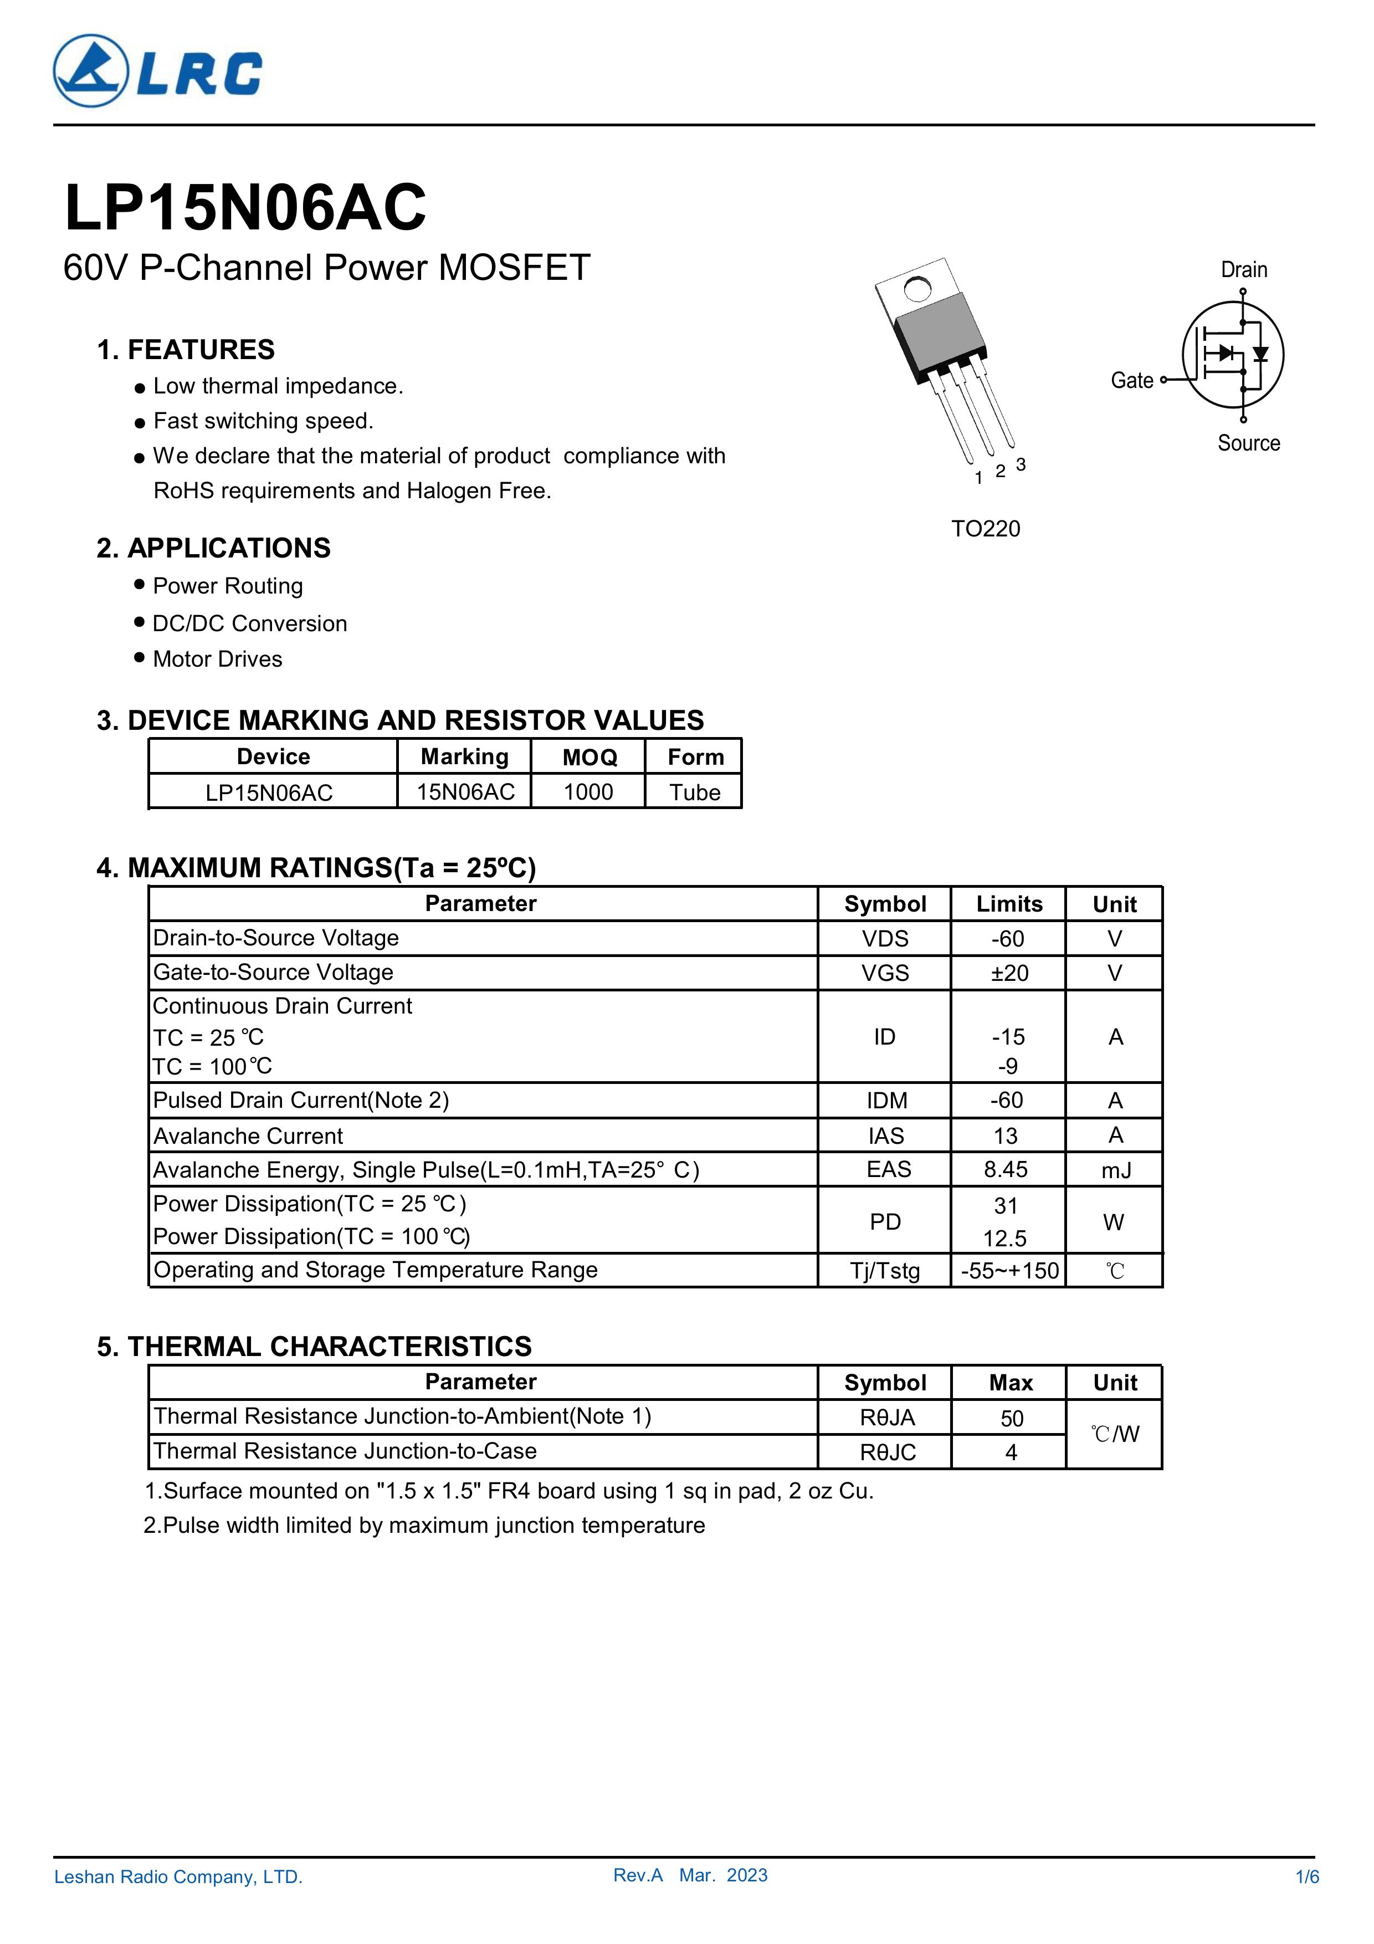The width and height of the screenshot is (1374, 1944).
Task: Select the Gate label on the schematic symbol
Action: tap(1132, 381)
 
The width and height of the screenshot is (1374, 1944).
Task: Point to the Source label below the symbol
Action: tap(1248, 443)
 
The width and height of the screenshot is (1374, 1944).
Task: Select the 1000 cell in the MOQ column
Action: tap(588, 792)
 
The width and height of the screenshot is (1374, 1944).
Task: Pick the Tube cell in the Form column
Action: tap(694, 792)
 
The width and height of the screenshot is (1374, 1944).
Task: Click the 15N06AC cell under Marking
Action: tap(465, 792)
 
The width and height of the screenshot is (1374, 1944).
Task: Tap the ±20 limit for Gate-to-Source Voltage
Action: tap(1009, 973)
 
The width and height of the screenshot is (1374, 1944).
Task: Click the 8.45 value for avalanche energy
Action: tap(1006, 1169)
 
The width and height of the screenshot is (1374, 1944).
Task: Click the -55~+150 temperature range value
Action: tap(1009, 1271)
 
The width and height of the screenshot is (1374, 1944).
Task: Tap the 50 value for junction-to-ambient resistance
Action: tap(1012, 1418)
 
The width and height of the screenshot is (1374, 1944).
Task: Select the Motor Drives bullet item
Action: tap(218, 659)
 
